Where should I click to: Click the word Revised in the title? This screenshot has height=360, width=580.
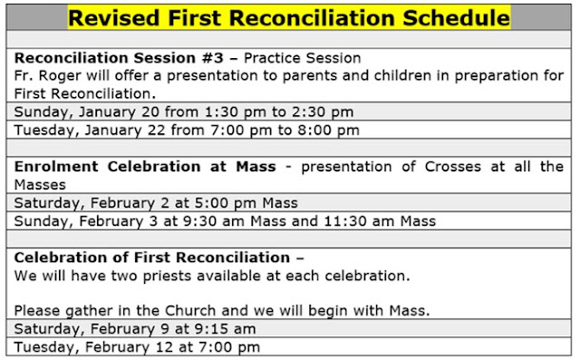[x=114, y=17]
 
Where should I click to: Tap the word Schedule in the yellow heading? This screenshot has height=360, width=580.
[x=457, y=17]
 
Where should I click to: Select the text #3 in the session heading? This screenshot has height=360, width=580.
[x=213, y=58]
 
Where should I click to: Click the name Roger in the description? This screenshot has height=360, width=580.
[x=60, y=76]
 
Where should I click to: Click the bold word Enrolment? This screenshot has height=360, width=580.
[x=56, y=167]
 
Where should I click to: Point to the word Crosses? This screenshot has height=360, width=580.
[x=453, y=167]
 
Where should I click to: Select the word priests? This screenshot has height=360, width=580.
[x=169, y=276]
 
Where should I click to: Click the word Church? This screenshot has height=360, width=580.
[x=190, y=310]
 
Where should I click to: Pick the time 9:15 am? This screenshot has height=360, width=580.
[x=223, y=329]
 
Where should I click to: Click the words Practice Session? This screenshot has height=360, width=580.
[x=302, y=58]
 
